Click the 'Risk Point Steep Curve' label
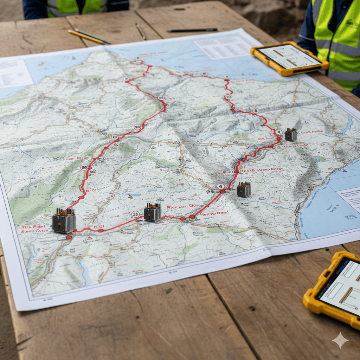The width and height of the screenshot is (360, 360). pyautogui.click(x=35, y=229)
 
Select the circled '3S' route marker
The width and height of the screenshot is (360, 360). pyautogui.click(x=135, y=214)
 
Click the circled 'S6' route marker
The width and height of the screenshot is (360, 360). pyautogui.click(x=92, y=172)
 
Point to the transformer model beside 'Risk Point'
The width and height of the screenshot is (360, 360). pyautogui.click(x=64, y=220)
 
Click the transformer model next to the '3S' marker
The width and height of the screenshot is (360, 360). pyautogui.click(x=153, y=212)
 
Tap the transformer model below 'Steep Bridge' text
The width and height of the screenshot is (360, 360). pyautogui.click(x=244, y=189)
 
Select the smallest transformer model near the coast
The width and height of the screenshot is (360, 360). pyautogui.click(x=291, y=135)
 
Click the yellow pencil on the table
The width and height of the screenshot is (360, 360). pyautogui.click(x=86, y=37)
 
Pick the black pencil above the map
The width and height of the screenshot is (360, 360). pyautogui.click(x=193, y=30)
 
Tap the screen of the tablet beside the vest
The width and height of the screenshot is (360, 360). pyautogui.click(x=289, y=57)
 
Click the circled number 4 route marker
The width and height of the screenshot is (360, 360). pyautogui.click(x=221, y=186)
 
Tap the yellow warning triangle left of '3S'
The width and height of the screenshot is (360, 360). pyautogui.click(x=130, y=197)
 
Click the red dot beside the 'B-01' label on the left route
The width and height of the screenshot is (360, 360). pyautogui.click(x=82, y=198)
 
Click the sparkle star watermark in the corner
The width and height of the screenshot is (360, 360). pyautogui.click(x=340, y=340)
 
